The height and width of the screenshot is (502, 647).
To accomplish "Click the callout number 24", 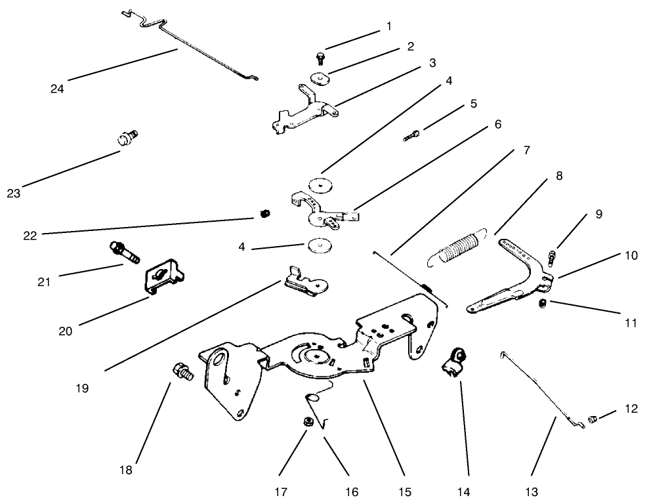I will tap(57, 89).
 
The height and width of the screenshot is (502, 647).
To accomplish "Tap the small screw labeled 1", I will tap(319, 58).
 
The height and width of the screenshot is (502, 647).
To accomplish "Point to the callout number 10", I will tap(630, 255).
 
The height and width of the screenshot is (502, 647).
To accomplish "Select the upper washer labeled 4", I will tap(321, 186).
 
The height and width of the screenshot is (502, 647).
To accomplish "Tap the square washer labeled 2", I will tap(321, 79).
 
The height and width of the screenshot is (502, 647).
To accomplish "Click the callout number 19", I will tap(81, 388).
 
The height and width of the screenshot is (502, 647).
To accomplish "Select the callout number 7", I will tap(527, 151).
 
